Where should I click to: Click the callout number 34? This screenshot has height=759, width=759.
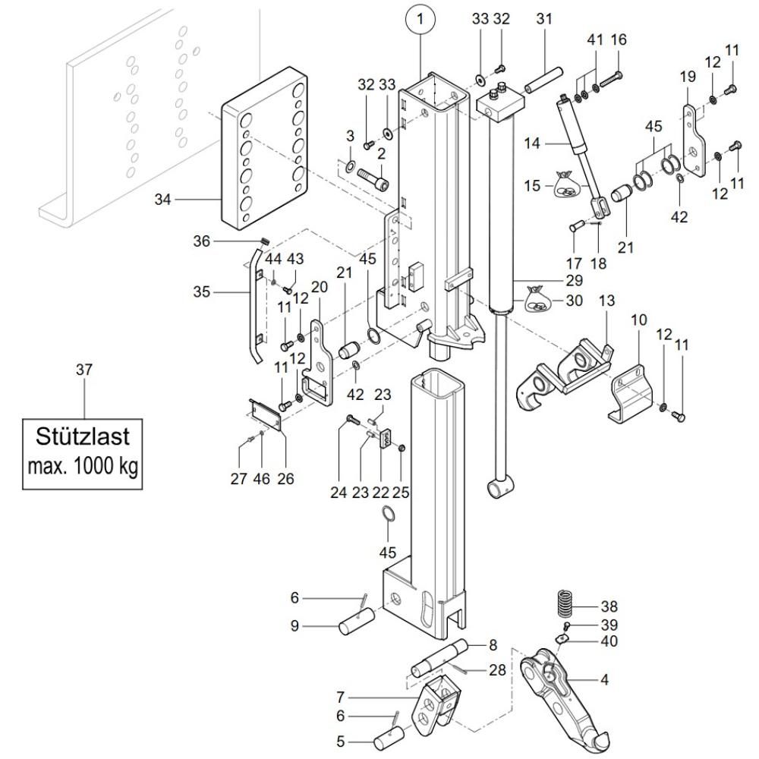[162, 200]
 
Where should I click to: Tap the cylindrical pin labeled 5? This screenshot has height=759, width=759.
[392, 739]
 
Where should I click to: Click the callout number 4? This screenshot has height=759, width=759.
[604, 679]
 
